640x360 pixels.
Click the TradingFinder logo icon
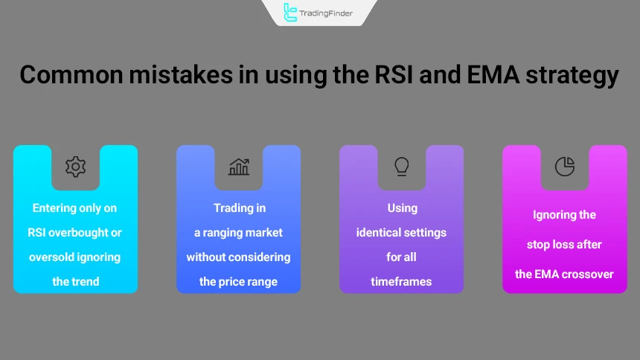coord(290,12)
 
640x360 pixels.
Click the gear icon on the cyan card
coord(75,167)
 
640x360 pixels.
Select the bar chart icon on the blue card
coord(238,167)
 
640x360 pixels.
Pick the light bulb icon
coord(402,166)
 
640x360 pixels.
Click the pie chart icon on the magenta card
coord(565,167)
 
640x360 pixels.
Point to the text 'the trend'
coord(75,282)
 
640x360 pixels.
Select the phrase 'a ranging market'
coord(238,233)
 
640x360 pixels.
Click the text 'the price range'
coord(238,282)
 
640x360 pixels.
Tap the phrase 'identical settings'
coord(402,233)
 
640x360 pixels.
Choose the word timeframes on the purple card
coord(402,282)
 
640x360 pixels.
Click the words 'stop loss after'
coord(565,245)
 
